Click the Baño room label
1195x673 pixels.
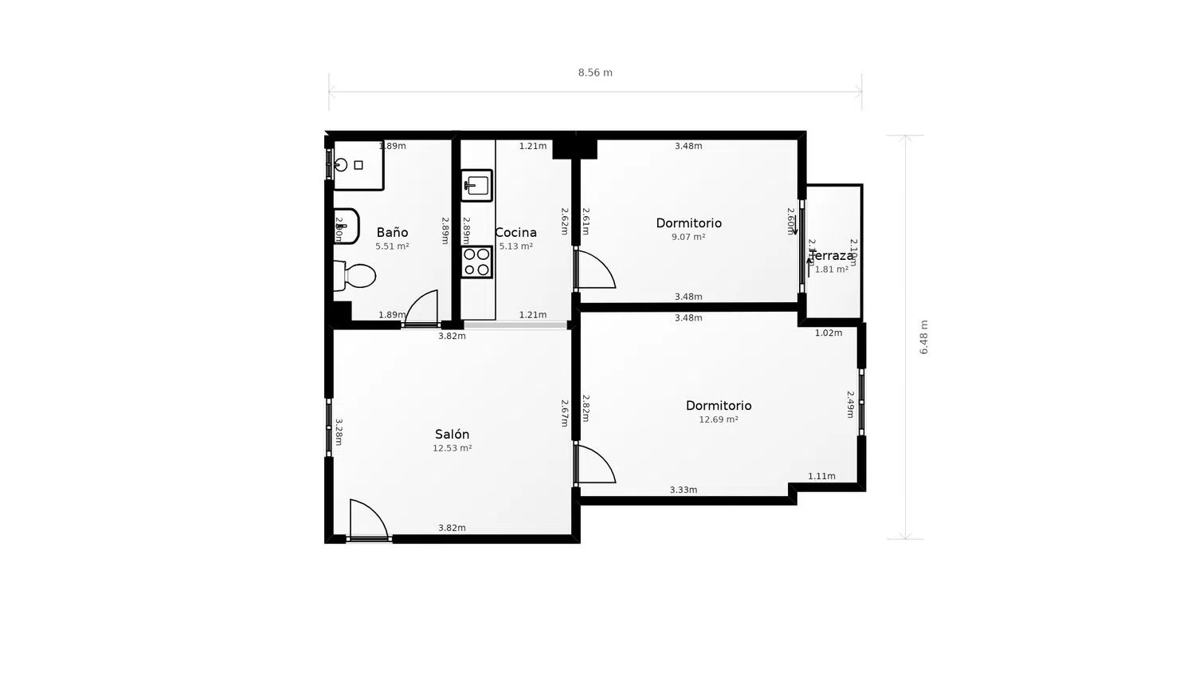point(392,232)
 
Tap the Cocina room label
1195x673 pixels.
point(516,232)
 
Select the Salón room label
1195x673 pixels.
point(452,434)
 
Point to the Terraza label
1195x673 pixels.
point(832,255)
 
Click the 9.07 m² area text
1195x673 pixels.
point(688,237)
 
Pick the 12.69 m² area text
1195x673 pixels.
point(719,419)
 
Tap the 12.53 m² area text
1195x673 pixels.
point(452,448)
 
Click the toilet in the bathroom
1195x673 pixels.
point(355,276)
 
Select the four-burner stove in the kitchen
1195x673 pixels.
point(476,262)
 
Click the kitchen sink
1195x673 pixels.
point(476,186)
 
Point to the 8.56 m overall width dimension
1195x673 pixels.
point(595,73)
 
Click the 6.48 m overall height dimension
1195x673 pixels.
point(924,337)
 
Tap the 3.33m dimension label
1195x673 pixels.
point(684,490)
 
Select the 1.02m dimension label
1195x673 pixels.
point(829,333)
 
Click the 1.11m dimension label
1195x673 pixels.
point(821,476)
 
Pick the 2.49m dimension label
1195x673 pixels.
point(850,404)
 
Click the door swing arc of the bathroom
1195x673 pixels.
point(423,306)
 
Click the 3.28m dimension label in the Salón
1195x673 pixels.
point(339,432)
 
